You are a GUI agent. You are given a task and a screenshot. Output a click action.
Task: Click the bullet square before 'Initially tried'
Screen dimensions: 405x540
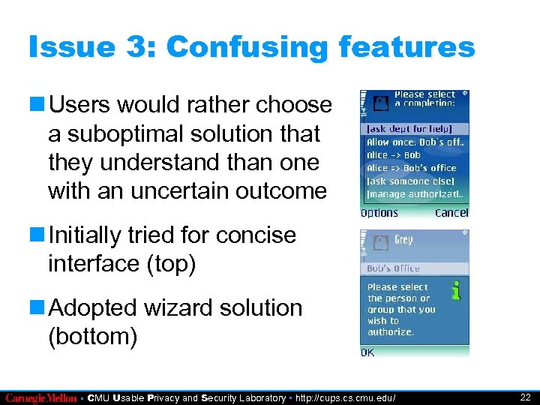coord(37,235)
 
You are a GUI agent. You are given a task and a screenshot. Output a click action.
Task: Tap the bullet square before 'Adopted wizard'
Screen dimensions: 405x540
coord(37,308)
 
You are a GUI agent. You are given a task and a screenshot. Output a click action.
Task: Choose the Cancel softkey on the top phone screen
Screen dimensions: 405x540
coord(451,213)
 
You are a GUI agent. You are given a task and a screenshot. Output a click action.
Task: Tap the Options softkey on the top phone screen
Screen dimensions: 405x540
coord(379,213)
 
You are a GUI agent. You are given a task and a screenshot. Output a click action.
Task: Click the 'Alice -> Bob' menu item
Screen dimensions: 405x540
coord(394,155)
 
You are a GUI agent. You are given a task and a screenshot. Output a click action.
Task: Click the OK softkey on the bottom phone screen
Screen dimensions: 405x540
coord(368,352)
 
